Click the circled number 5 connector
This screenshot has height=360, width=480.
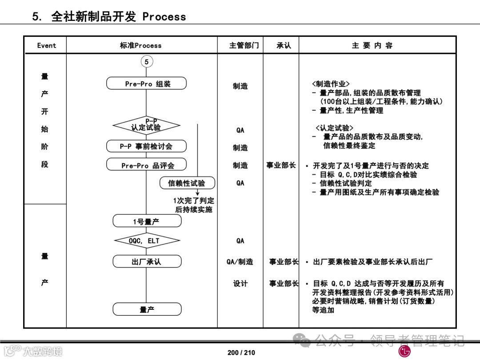tap(147, 62)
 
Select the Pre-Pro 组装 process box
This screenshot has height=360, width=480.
tap(147, 84)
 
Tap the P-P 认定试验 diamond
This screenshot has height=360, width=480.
tap(146, 126)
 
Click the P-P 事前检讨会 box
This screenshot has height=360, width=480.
tap(146, 146)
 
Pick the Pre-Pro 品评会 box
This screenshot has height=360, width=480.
tap(147, 165)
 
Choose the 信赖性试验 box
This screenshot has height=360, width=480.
tap(187, 183)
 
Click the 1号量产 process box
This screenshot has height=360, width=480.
tap(147, 221)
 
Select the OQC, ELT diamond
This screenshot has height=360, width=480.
tap(147, 241)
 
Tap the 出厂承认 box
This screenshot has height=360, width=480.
tap(147, 262)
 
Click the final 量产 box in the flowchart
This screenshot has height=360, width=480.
tap(147, 309)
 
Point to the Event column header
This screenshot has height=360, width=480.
tap(46, 45)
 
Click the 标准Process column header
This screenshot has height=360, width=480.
tap(141, 45)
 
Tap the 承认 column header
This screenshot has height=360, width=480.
tap(284, 45)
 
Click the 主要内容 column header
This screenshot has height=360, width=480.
tap(372, 45)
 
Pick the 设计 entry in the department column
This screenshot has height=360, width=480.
tap(240, 284)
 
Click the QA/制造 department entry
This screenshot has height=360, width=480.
tap(240, 262)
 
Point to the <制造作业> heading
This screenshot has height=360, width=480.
tap(331, 84)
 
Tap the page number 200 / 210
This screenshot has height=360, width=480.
tap(241, 352)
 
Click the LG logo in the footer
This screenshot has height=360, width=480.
tap(404, 351)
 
